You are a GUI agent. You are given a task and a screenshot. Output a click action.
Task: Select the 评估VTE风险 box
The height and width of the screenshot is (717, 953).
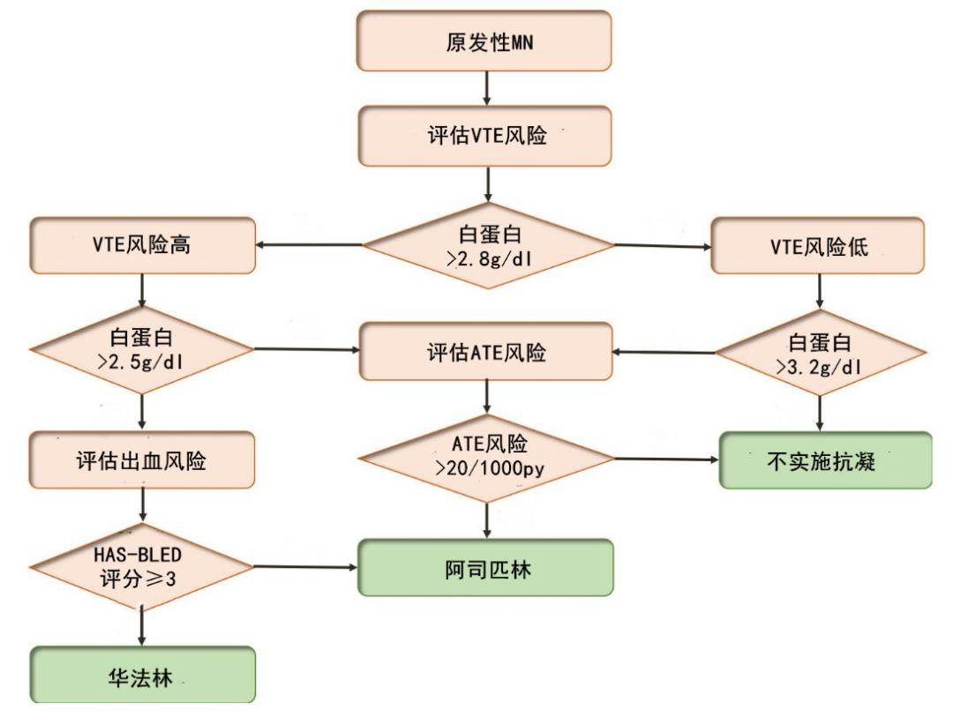(x=484, y=136)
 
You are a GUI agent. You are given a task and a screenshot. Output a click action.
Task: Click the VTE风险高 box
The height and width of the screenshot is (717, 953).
(x=142, y=246)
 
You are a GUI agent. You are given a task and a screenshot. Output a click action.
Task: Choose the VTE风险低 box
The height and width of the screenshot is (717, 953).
(x=818, y=246)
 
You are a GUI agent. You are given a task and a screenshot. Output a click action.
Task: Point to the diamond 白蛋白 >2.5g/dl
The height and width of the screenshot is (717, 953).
(x=142, y=350)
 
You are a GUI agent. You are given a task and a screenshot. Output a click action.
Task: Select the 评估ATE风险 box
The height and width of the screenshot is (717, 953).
(x=484, y=352)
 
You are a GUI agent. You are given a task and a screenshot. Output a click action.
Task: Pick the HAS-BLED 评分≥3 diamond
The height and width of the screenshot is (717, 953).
(x=142, y=568)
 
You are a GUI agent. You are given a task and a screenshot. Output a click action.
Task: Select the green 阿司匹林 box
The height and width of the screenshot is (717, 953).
(x=484, y=568)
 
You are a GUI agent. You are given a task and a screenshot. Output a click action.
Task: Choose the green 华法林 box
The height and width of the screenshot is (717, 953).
(x=142, y=676)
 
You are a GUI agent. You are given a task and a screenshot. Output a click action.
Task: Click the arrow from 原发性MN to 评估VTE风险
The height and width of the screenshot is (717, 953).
(x=485, y=88)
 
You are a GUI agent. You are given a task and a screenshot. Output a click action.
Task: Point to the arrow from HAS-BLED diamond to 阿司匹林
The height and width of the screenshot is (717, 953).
(x=305, y=568)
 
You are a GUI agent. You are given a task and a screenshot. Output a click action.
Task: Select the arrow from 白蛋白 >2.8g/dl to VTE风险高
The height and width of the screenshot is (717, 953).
(x=309, y=246)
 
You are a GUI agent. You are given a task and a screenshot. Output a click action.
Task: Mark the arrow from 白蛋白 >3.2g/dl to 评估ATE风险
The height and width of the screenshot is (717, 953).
(x=664, y=352)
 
